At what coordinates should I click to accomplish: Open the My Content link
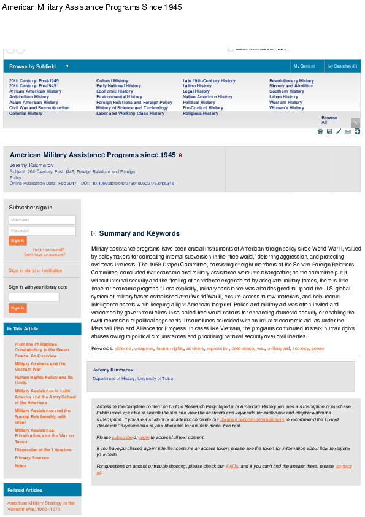304,66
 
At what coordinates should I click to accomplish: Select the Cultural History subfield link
112,80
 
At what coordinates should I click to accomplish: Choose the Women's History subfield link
286,108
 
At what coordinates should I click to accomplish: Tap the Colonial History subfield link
26,114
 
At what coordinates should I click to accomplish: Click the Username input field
42,219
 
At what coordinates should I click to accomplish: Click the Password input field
42,230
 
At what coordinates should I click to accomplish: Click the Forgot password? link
48,250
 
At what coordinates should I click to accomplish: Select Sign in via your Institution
35,270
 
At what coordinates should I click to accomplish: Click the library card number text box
34,297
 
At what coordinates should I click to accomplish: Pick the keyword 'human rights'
170,348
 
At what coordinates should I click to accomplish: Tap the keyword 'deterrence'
242,348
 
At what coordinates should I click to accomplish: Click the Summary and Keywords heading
139,234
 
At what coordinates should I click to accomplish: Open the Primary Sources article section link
32,458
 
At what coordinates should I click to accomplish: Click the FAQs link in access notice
232,467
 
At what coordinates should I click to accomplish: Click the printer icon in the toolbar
320,131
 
